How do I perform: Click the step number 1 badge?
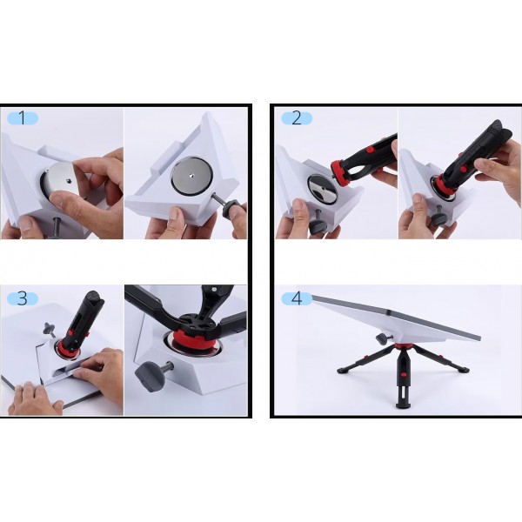click(23, 118)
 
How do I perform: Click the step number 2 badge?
click(297, 118)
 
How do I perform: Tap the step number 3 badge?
click(23, 298)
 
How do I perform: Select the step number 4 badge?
click(297, 298)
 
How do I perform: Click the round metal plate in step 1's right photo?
click(191, 176)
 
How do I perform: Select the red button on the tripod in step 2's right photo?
click(463, 169)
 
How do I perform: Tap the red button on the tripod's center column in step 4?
click(404, 374)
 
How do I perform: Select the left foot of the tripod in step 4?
click(343, 369)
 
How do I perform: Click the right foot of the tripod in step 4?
click(463, 369)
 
